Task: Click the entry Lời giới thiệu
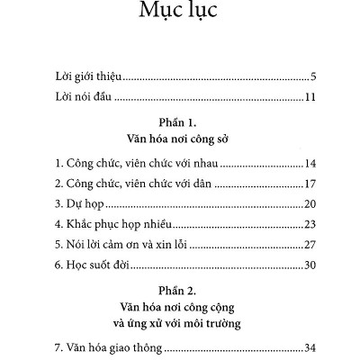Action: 89,75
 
